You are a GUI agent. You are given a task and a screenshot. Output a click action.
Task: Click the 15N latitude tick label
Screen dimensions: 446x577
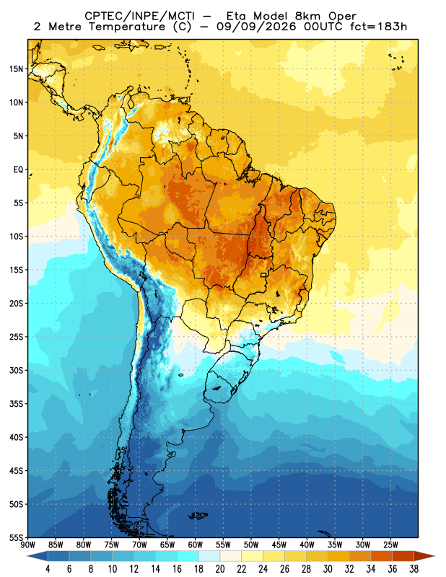coord(16,69)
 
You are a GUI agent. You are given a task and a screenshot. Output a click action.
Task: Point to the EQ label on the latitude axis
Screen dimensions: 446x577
coord(19,169)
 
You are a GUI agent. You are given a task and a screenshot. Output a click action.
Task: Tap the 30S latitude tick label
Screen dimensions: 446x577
coord(16,370)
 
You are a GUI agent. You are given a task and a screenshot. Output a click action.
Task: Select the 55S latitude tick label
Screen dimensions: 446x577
coord(16,537)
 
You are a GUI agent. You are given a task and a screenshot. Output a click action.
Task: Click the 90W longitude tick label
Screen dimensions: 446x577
coord(28,545)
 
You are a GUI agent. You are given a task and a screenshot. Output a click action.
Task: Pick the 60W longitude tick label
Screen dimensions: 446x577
coord(195,545)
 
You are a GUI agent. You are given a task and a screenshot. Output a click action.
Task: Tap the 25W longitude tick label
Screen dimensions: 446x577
coord(390,545)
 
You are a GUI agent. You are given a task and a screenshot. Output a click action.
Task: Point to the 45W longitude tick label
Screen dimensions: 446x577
coord(279,545)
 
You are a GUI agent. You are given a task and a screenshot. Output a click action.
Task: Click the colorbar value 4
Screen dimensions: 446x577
coord(48,569)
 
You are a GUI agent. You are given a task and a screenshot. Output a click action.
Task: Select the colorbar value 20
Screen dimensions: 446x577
coord(220,569)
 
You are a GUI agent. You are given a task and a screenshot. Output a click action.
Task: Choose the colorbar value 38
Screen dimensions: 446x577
coord(414,569)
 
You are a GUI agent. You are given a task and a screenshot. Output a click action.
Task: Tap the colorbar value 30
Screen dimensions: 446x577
coord(328,569)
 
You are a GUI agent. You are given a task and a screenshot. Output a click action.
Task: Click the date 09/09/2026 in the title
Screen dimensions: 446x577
coord(256,27)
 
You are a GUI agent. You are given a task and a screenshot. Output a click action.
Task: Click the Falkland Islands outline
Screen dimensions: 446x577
coord(198,516)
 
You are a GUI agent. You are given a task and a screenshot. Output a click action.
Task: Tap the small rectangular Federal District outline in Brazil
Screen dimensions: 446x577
coord(263,275)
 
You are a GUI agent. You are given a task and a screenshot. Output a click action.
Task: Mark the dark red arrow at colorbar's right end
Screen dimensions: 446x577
coord(424,556)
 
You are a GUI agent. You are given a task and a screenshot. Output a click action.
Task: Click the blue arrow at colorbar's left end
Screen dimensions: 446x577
coord(38,556)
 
